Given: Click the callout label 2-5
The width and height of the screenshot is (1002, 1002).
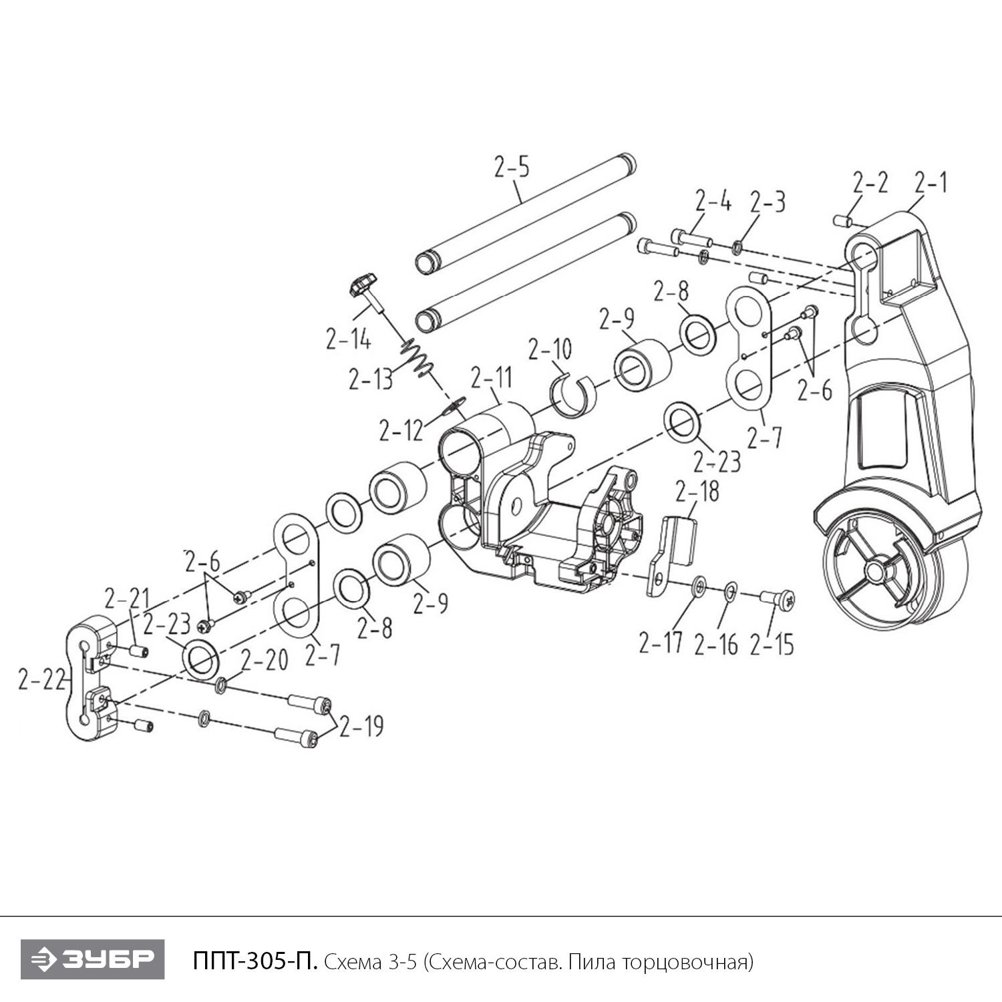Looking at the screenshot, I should [x=512, y=167].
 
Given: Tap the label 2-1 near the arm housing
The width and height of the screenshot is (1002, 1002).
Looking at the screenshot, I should [x=931, y=182].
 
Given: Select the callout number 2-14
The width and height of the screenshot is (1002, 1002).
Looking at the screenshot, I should [x=348, y=339].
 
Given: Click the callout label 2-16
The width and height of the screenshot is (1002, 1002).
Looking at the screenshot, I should [x=716, y=644].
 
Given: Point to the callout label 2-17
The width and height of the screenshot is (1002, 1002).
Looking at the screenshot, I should [x=661, y=643].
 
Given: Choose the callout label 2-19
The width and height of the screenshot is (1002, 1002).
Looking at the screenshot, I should [x=361, y=726].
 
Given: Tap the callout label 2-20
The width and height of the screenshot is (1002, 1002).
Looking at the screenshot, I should [x=265, y=660].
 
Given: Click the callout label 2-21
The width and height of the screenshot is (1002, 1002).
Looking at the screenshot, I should [x=127, y=598].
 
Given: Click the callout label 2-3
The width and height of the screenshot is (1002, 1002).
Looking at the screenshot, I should [x=768, y=202].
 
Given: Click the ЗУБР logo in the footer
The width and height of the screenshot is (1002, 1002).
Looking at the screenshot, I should [x=93, y=959].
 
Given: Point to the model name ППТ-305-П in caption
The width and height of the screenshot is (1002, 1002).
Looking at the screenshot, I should [x=255, y=961].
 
